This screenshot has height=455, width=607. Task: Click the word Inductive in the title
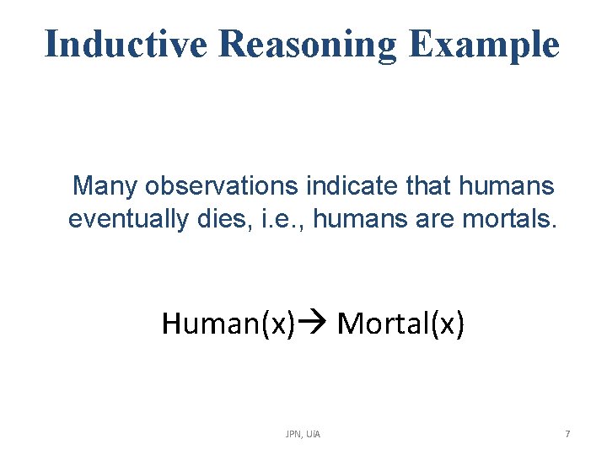click(125, 43)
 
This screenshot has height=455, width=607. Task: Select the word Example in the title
click(484, 43)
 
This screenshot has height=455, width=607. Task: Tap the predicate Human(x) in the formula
click(228, 323)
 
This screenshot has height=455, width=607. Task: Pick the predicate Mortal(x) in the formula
click(400, 323)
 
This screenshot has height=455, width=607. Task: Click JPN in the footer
click(294, 434)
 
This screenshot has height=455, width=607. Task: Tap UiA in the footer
click(314, 434)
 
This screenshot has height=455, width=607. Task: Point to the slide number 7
click(567, 434)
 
